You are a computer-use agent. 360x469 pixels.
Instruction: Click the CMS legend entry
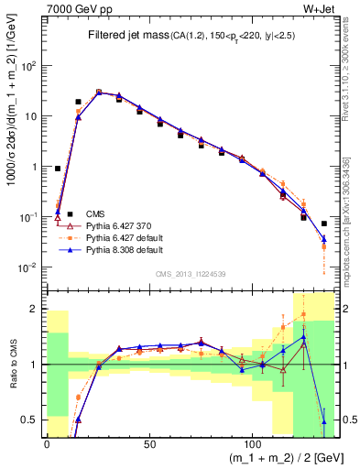95,213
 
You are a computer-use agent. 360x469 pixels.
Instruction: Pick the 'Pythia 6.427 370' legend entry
114,224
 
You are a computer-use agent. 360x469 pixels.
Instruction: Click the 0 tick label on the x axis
47,444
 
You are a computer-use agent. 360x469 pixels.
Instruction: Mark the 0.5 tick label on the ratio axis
30,420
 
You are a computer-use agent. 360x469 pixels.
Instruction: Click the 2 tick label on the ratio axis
35,309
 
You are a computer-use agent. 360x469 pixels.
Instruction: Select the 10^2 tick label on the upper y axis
27,66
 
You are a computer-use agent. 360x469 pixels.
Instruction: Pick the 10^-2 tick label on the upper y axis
27,267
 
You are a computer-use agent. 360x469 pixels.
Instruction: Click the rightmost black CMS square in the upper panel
323,224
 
